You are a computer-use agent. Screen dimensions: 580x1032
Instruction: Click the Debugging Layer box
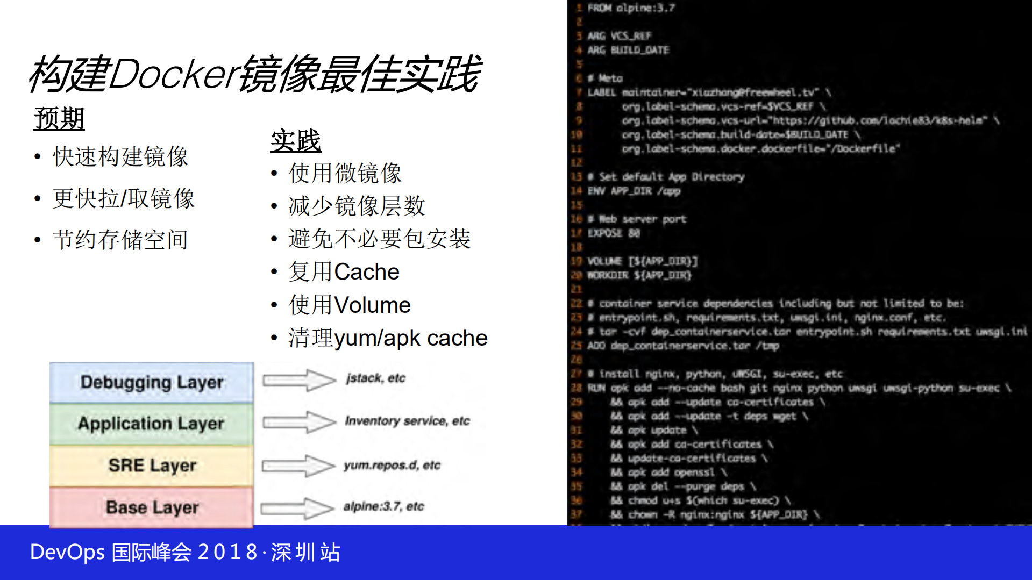152,382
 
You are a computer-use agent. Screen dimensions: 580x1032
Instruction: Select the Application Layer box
152,424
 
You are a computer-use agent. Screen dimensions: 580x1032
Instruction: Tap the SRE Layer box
152,465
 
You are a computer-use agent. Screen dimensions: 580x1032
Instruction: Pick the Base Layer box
152,507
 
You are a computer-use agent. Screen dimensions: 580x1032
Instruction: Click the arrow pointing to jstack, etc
298,380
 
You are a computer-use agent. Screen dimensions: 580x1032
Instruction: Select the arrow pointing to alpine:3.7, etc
297,508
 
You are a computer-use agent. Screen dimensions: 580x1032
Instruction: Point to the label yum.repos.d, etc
392,465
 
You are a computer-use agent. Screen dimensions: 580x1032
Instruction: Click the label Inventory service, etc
407,421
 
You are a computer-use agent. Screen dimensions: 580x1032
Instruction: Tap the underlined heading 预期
59,118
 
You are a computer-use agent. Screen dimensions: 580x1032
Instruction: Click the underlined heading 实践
295,141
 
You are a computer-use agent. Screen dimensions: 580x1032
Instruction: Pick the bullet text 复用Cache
344,272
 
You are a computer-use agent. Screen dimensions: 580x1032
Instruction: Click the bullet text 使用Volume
350,305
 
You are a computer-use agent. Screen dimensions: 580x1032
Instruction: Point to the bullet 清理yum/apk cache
388,338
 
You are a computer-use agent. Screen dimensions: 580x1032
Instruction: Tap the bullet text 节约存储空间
120,240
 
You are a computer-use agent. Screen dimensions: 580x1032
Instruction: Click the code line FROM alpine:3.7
631,8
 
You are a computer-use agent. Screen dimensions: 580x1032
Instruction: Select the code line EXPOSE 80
614,233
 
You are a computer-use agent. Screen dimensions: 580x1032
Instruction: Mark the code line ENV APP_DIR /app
634,191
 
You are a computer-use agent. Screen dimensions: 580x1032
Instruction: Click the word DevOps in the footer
67,552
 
